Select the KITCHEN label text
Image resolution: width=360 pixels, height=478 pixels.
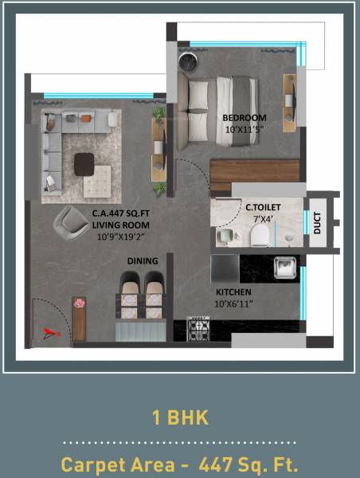(233, 292)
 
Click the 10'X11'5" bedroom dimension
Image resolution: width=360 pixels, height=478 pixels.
(245, 130)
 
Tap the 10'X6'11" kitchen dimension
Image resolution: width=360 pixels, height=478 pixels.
(233, 304)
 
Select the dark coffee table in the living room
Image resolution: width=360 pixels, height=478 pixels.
(84, 163)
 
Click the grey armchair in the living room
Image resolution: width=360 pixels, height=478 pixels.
(70, 221)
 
